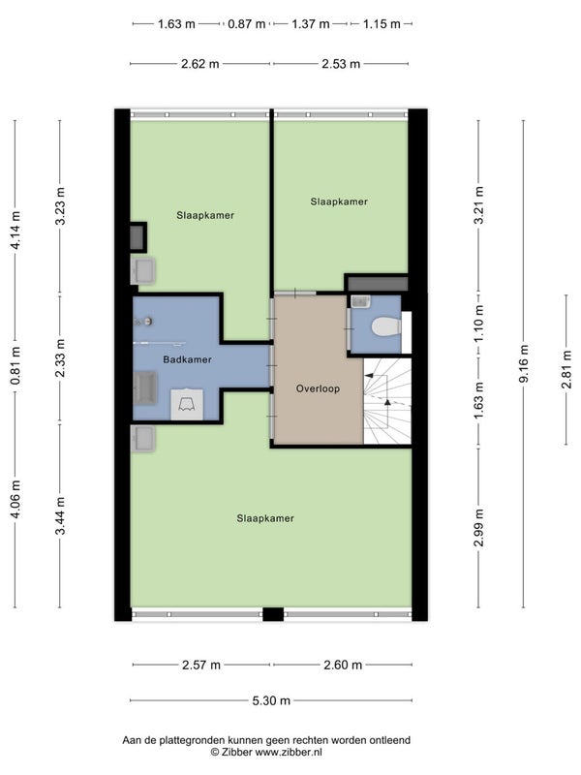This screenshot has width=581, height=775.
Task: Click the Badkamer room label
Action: point(187,359)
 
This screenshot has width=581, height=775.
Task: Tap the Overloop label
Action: point(318,388)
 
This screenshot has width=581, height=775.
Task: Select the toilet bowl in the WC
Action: point(385,326)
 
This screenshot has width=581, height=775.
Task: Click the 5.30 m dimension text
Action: point(271,700)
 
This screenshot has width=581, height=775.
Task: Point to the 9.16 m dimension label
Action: point(524,364)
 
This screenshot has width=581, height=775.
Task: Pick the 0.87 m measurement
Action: point(246,23)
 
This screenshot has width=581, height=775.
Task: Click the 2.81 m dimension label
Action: point(566,369)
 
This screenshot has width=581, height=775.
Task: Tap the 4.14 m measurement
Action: point(15,230)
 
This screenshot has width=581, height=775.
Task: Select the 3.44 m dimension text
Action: point(60,516)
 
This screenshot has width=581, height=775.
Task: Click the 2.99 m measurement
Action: point(478,528)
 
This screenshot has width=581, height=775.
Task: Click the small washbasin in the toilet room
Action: point(360,301)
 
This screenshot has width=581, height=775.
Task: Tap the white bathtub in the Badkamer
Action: point(187,404)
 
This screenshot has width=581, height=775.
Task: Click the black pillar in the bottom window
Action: point(273,614)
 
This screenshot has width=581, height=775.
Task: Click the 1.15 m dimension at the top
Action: point(382,23)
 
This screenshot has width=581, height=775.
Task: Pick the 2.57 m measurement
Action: point(201,665)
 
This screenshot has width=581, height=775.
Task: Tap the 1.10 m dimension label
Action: point(478,325)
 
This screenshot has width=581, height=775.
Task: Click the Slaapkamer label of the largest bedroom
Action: point(265,518)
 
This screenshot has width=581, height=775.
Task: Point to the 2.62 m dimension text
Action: point(200,64)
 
